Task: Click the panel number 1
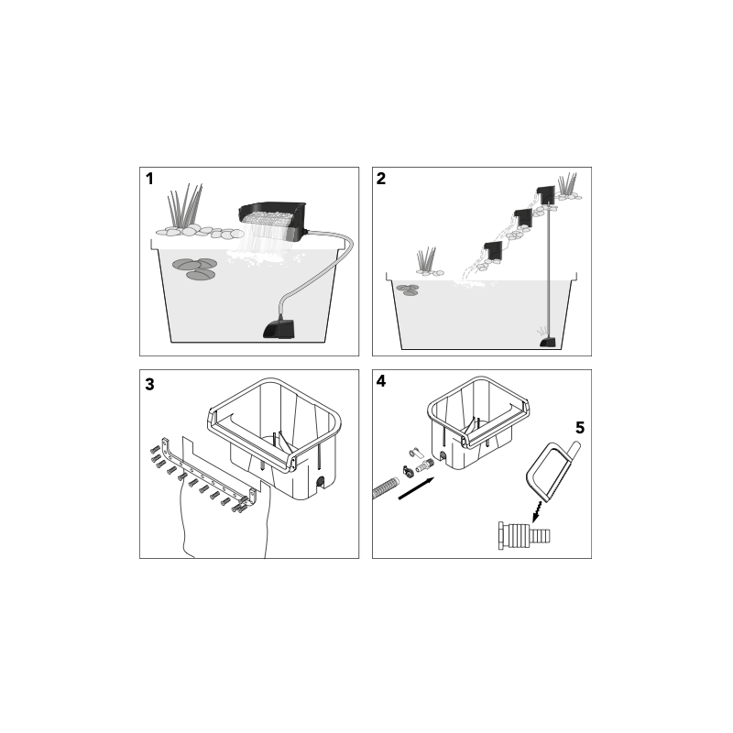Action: pyautogui.click(x=149, y=179)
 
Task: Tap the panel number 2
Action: pyautogui.click(x=382, y=179)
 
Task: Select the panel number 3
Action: pyautogui.click(x=149, y=383)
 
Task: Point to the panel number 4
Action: pyautogui.click(x=382, y=383)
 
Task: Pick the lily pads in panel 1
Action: pyautogui.click(x=195, y=268)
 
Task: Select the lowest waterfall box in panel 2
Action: pyautogui.click(x=493, y=250)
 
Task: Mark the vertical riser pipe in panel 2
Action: pyautogui.click(x=548, y=275)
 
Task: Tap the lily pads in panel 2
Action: pyautogui.click(x=408, y=290)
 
